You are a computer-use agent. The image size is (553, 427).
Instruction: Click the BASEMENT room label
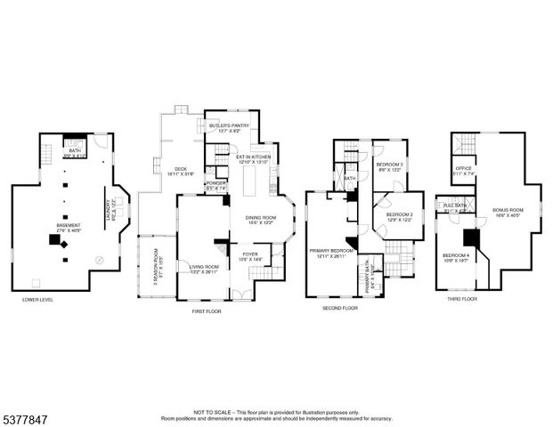pyautogui.click(x=69, y=227)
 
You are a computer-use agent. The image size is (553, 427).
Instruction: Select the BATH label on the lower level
pyautogui.click(x=75, y=150)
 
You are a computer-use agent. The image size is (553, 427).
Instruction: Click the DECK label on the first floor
pyautogui.click(x=181, y=170)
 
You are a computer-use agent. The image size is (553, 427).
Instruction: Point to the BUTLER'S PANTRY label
pyautogui.click(x=229, y=126)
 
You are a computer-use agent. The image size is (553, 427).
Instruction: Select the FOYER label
pyautogui.click(x=250, y=254)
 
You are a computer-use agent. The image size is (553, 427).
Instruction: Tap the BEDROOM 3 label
pyautogui.click(x=389, y=165)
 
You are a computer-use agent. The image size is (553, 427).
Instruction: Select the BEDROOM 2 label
pyautogui.click(x=399, y=215)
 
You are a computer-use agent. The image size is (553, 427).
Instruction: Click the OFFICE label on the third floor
pyautogui.click(x=463, y=167)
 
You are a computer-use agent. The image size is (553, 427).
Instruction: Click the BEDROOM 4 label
pyautogui.click(x=455, y=255)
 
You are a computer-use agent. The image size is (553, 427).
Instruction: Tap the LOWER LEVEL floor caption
pyautogui.click(x=38, y=300)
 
